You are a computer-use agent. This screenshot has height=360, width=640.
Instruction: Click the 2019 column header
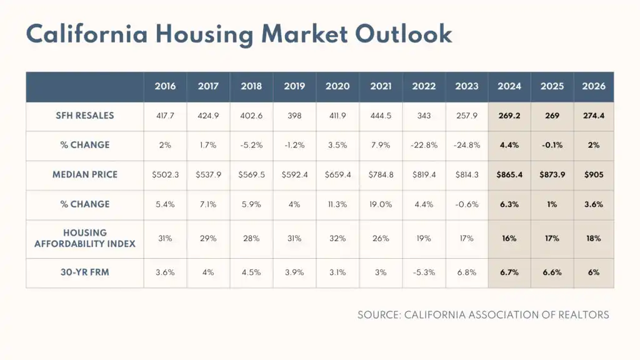point(294,86)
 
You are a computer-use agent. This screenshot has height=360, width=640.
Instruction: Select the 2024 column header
point(509,86)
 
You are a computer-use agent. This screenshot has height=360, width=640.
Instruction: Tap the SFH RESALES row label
point(85,116)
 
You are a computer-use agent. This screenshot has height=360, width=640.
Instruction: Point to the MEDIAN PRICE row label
point(85,174)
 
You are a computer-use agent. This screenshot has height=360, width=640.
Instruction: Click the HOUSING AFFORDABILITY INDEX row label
point(85,238)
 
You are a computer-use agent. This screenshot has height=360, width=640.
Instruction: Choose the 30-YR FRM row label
point(85,272)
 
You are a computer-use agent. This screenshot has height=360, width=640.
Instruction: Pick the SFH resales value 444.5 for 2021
point(381,116)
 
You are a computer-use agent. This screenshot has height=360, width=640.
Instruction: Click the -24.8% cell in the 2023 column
point(467,145)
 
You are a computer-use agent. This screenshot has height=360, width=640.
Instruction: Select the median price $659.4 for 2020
point(337,174)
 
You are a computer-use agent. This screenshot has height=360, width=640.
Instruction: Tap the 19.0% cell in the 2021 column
point(381,204)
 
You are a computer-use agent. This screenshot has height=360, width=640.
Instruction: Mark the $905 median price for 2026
point(593,174)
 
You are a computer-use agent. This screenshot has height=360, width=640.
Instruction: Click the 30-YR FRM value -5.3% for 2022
point(424,272)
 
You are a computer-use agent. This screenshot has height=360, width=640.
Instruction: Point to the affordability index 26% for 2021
point(381,238)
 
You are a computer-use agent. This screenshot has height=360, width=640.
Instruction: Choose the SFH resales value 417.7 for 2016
point(166,116)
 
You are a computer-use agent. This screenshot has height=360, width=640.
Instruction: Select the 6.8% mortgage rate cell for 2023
point(467,272)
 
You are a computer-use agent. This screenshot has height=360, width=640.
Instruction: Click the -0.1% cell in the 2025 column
point(552,145)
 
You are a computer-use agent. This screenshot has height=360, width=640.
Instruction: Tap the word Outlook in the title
point(403,34)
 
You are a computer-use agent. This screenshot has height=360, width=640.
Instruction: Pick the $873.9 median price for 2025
point(552,174)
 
